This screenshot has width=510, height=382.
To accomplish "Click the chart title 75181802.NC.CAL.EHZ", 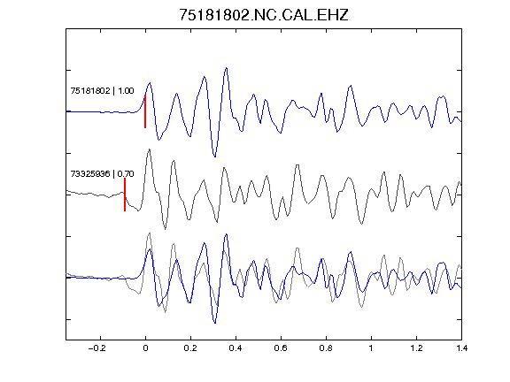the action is coord(264,15).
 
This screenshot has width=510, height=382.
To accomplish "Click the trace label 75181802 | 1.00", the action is coord(102,90).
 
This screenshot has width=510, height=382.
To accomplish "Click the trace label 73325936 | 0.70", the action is coord(102,174).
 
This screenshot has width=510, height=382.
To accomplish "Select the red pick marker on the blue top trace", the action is coord(145,111).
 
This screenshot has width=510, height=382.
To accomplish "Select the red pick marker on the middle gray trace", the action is coord(125,195).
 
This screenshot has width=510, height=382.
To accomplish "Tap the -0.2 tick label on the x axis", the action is coord(97,348).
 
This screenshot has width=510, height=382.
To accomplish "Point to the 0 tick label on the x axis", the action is coord(145,348).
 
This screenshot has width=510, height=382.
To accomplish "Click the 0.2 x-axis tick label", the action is coord(190,348).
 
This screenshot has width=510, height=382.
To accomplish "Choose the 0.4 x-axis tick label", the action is coord(236,348).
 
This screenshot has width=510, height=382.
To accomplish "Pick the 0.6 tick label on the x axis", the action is coord(281,348).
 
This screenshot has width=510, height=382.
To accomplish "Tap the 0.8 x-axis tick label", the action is coord(326,348).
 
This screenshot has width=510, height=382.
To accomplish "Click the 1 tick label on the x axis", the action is coord(371,348).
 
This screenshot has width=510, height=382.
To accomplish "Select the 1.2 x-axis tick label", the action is coord(416,348).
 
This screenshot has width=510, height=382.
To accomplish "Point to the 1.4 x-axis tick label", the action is coord(461,348).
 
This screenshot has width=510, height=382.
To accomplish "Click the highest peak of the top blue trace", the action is coord(226,68).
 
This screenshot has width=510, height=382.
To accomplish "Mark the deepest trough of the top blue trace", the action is coord(214,157).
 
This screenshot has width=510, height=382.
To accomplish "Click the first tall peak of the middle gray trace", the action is coord(150,149).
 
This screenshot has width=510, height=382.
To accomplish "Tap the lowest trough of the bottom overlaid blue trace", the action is coord(214,323).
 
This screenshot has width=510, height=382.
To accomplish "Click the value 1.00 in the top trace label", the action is coord(126,90).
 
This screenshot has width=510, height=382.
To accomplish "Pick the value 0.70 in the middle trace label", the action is coord(126,174).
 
